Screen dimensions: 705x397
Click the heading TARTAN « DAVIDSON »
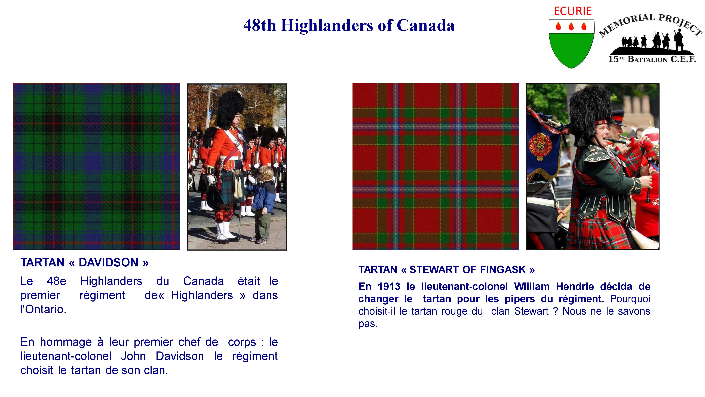tap(84, 263)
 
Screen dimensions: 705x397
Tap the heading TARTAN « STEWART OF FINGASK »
tap(446, 270)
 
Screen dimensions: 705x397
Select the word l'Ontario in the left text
tap(43, 309)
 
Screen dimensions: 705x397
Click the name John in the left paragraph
tap(133, 356)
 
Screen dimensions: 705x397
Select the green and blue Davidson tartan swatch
tap(96, 166)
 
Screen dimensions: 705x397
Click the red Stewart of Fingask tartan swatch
tap(436, 167)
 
